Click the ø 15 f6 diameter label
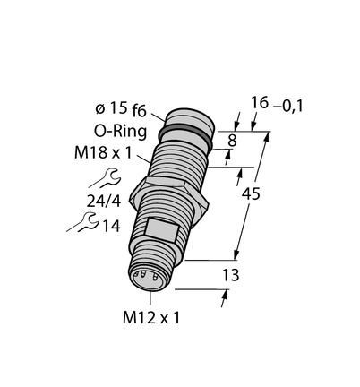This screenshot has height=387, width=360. [x=121, y=109]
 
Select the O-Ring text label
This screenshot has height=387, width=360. [x=120, y=131]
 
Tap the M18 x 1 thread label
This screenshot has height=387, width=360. [x=103, y=153]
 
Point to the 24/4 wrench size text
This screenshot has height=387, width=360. [x=104, y=202]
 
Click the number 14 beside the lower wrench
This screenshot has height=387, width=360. [x=111, y=226]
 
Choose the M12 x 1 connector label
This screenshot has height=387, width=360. [x=151, y=318]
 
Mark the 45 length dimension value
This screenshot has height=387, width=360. [x=251, y=194]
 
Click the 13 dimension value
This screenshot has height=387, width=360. [x=231, y=275]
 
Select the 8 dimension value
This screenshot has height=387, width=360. [x=232, y=141]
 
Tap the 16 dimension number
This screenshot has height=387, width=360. [x=260, y=103]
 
